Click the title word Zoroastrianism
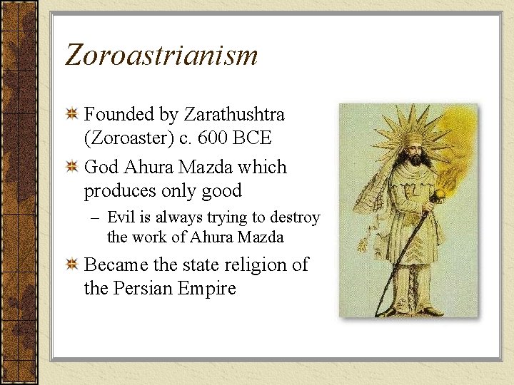(161, 55)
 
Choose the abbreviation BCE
(251, 138)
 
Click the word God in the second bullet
(102, 168)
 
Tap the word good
(221, 191)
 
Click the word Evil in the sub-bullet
(122, 217)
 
